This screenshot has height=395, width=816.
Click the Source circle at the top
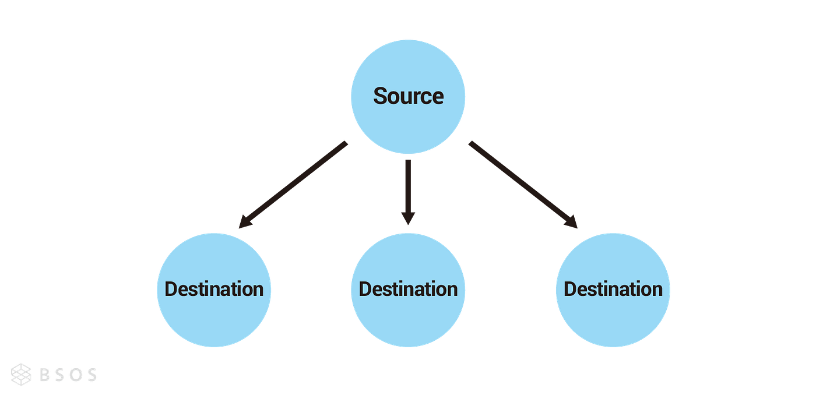[x=408, y=97]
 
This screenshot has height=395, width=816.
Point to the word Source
[x=409, y=96]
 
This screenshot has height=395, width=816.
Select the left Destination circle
[x=214, y=290]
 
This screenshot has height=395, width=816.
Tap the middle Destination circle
[x=408, y=290]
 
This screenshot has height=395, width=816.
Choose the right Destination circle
[x=613, y=290]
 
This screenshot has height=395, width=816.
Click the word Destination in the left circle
[x=214, y=290]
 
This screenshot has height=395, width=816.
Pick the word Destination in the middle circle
[x=408, y=290]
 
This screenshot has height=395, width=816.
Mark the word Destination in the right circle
[x=613, y=290]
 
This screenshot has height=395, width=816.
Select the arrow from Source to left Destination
[x=293, y=185]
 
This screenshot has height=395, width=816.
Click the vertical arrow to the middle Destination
[x=408, y=192]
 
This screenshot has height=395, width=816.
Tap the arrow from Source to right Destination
[x=523, y=185]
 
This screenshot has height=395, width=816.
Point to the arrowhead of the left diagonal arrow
[x=245, y=223]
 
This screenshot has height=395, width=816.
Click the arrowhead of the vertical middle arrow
[x=408, y=218]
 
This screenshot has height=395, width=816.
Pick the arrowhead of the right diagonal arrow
[x=571, y=223]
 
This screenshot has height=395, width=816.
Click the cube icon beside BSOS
[x=21, y=374]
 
